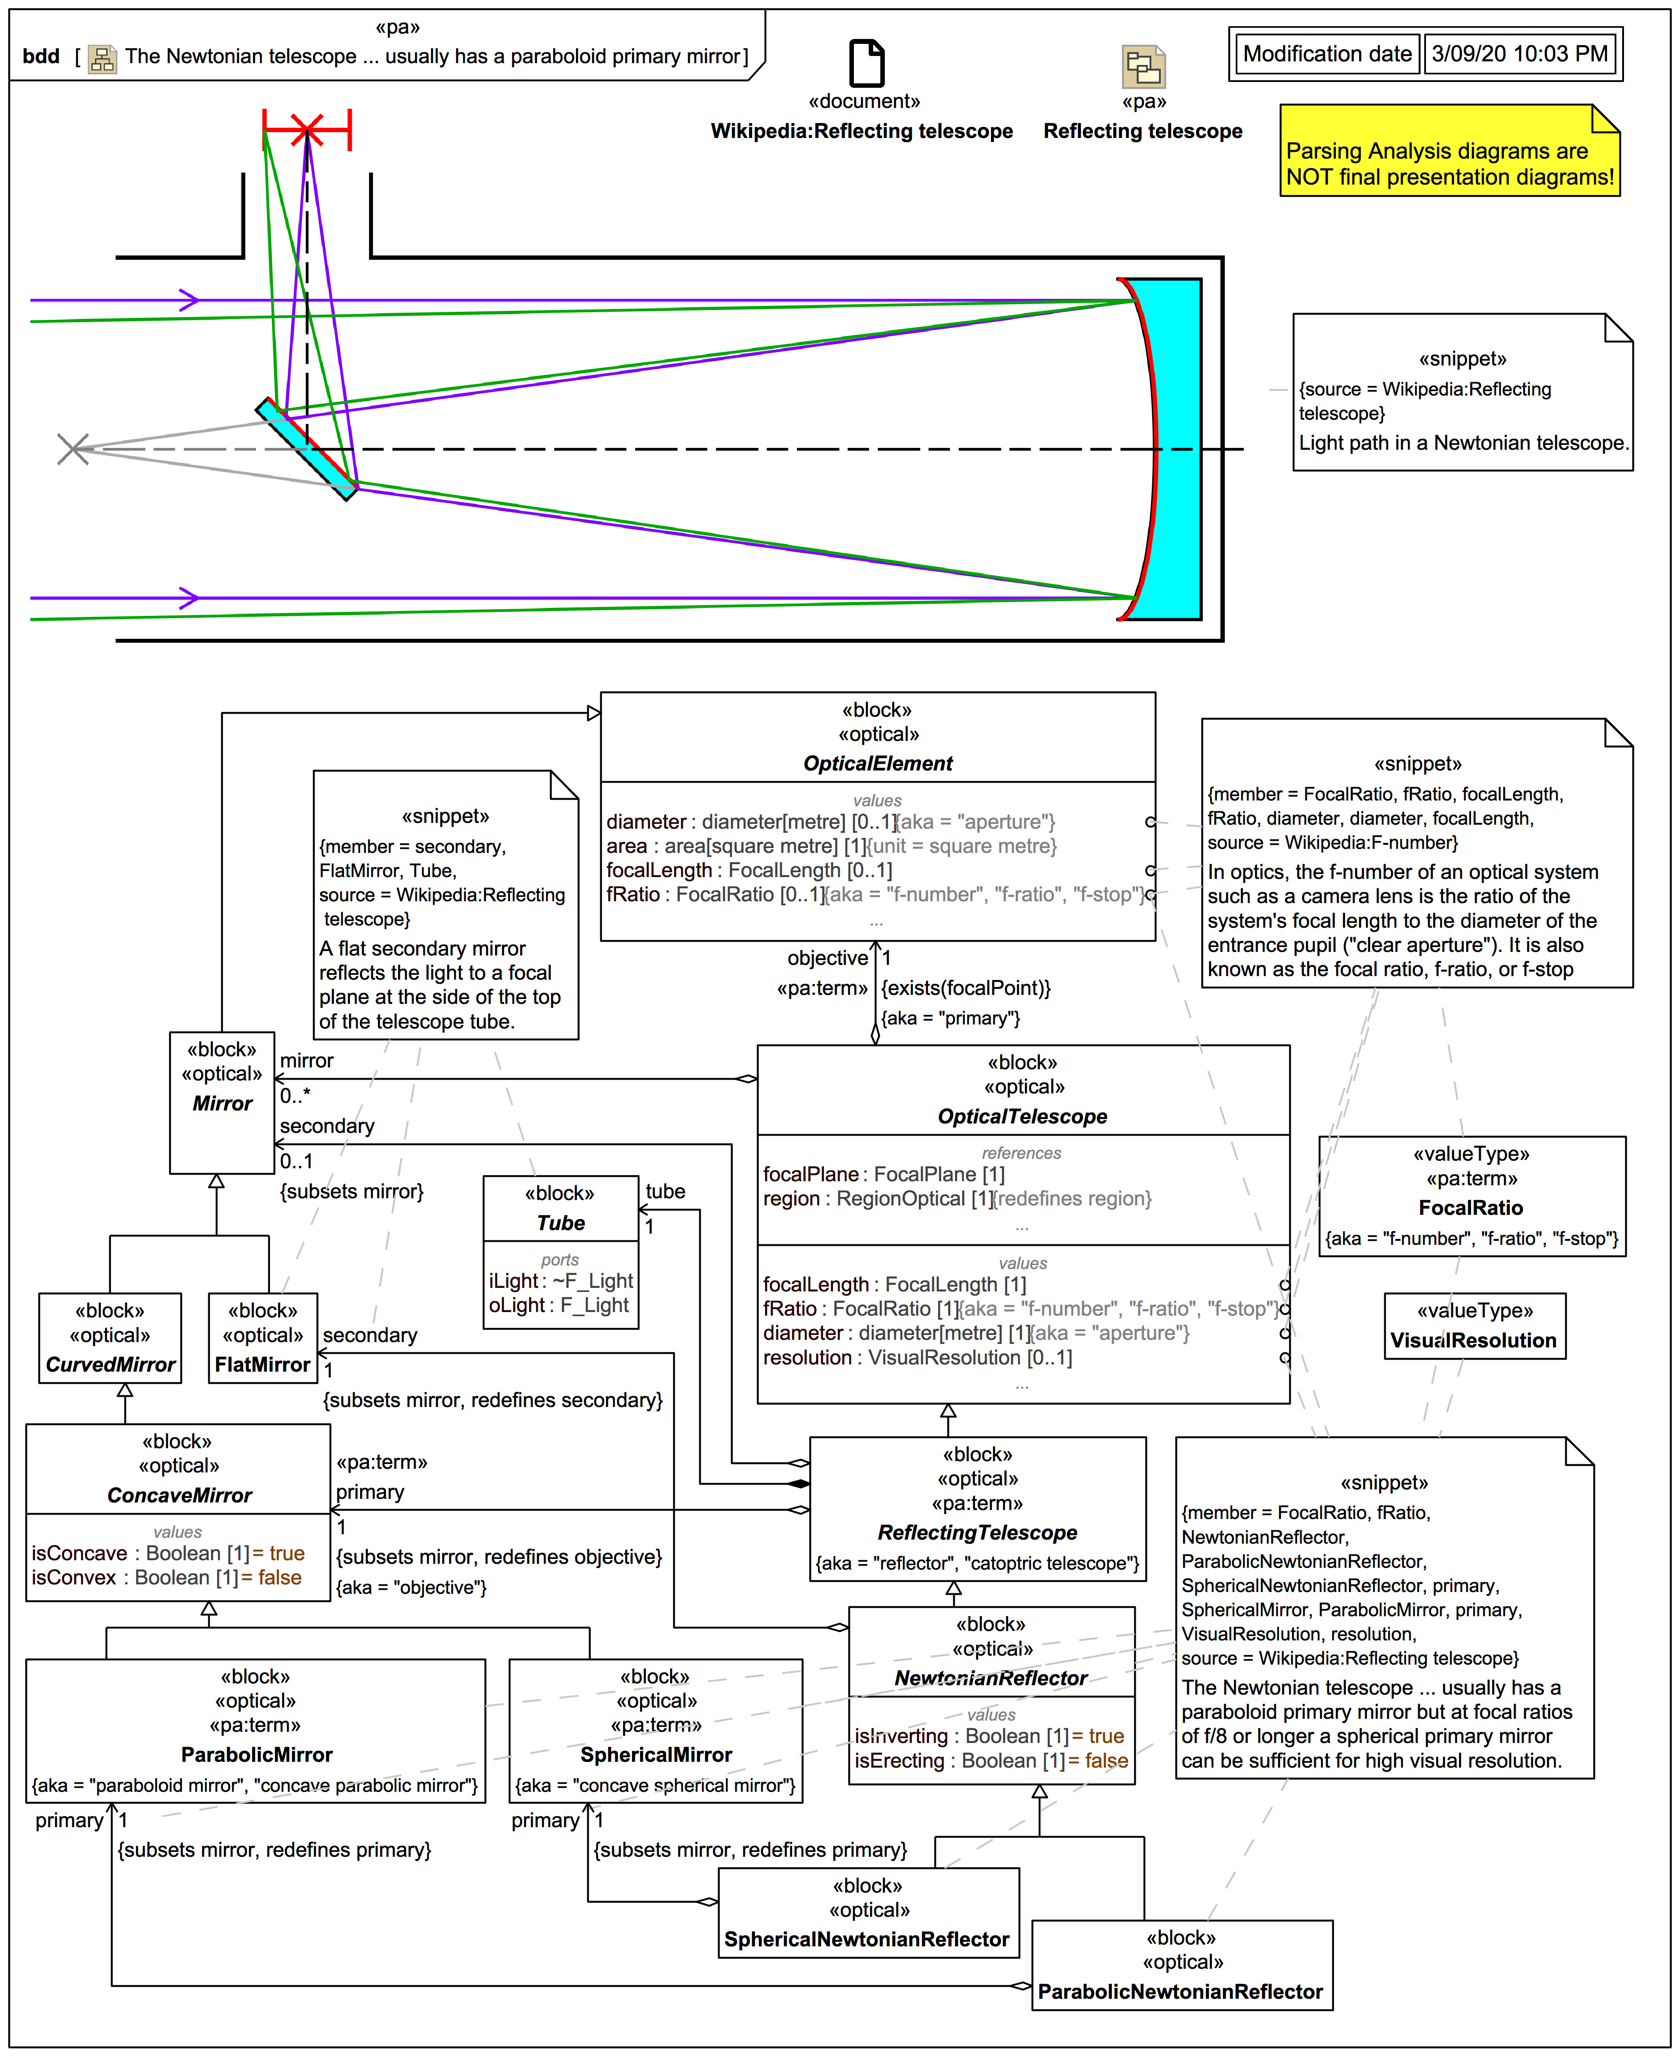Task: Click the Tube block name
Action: [x=560, y=1223]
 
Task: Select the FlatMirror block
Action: [x=262, y=1338]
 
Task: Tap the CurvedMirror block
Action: [x=110, y=1338]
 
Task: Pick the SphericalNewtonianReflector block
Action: [x=868, y=1913]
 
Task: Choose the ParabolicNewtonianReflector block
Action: [x=1182, y=1965]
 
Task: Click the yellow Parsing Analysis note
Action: [x=1450, y=151]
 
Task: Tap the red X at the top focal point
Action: [x=307, y=129]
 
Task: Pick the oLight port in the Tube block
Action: [x=558, y=1305]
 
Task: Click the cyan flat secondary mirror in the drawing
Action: [x=306, y=449]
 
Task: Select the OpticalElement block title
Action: [x=878, y=763]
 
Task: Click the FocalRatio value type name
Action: [x=1471, y=1208]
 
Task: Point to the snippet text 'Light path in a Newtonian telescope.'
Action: [x=1463, y=443]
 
